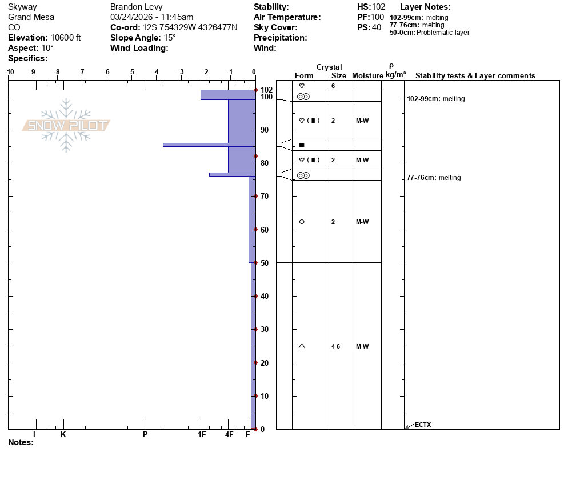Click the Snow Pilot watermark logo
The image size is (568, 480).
pos(66,125)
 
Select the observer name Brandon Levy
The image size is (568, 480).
pos(136,7)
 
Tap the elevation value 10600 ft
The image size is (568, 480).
pos(66,38)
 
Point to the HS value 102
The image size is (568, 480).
pos(378,7)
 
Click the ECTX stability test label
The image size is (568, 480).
pos(423,425)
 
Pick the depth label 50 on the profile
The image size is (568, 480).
pos(265,263)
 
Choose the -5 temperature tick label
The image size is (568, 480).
pos(131,72)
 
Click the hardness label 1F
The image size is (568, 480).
pos(202,434)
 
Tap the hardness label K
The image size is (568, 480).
pos(63,434)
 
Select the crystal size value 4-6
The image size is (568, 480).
pos(335,346)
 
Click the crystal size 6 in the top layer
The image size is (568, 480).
pos(333,86)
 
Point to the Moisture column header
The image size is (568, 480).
pos(367,75)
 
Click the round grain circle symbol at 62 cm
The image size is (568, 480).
pos(302,222)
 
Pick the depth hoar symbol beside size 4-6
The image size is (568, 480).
pos(302,346)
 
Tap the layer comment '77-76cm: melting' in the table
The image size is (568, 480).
pos(434,178)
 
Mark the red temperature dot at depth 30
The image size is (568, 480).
pos(255,329)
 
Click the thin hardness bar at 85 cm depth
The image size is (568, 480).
pos(209,145)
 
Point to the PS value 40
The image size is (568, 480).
pos(377,27)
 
